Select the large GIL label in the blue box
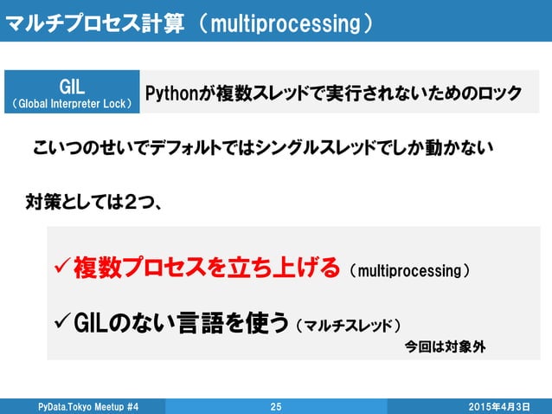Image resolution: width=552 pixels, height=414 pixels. click(x=72, y=86)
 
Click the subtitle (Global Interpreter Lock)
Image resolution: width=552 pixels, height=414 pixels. click(x=72, y=104)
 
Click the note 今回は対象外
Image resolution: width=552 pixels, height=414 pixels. click(x=446, y=347)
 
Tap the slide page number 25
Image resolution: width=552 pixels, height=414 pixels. click(x=276, y=406)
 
